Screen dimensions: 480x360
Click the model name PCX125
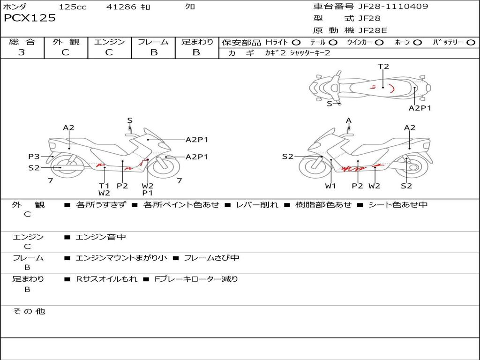pos(30,18)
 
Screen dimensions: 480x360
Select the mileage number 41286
pos(121,7)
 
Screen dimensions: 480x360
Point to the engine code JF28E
pos(373,31)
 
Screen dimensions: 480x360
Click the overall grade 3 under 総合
pos(22,52)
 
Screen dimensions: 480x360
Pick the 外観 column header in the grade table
pos(66,42)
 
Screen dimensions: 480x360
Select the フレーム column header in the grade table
pos(153,42)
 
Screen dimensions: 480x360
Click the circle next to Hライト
pos(296,43)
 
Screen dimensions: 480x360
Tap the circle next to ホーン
pos(417,43)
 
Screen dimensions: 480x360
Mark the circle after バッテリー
pos(471,43)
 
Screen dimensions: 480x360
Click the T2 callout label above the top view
pos(383,67)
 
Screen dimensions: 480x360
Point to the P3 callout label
pos(34,157)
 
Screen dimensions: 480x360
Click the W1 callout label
pos(331,186)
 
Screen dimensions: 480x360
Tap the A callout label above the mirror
pos(349,120)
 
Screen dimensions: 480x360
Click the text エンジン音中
pos(101,238)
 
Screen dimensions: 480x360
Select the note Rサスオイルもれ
pos(107,279)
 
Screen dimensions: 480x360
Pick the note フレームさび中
pos(211,258)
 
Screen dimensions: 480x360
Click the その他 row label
pos(29,312)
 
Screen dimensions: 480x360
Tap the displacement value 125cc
pos(73,7)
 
